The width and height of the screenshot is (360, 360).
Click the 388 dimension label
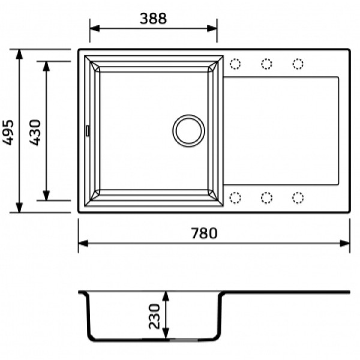153,19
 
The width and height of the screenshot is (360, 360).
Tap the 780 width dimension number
204,233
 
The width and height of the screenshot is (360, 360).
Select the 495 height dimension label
8,132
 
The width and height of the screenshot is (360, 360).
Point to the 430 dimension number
35,133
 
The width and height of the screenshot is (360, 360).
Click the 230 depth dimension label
154,316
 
